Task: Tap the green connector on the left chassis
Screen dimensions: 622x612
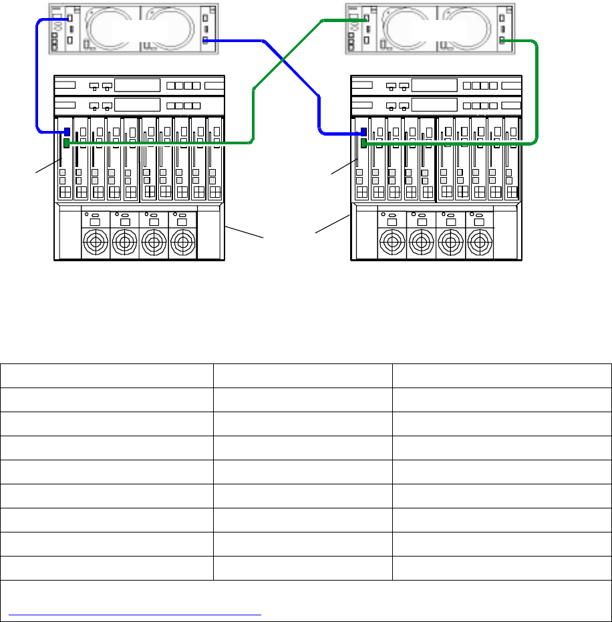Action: click(x=66, y=142)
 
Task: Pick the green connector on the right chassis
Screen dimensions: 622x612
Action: click(x=363, y=143)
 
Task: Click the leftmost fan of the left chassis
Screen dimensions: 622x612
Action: click(x=96, y=240)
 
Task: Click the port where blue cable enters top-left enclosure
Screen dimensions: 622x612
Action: click(x=67, y=19)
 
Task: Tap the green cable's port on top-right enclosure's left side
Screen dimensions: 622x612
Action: click(x=367, y=20)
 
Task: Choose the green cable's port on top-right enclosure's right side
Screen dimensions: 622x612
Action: click(x=502, y=41)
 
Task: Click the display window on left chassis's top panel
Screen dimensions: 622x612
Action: click(x=137, y=86)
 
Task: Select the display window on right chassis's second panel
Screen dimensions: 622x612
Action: click(x=434, y=105)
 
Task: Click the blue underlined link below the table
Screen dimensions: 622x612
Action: click(x=134, y=611)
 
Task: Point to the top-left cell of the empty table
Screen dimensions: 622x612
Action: click(x=107, y=375)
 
